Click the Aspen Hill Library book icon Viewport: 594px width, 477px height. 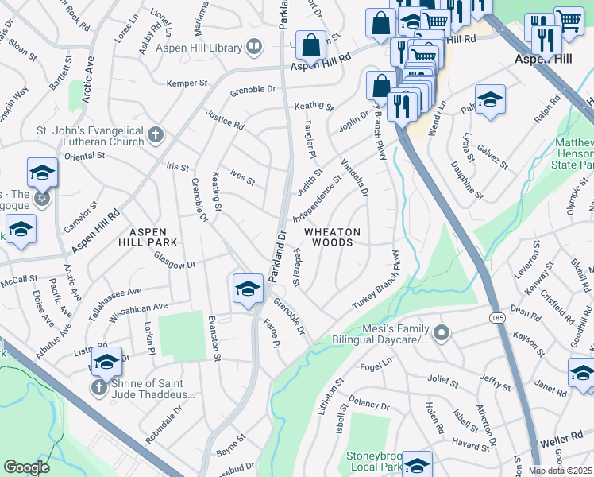(254, 48)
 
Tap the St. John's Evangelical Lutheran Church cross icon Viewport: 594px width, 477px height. (156, 134)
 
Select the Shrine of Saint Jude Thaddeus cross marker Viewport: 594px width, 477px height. (98, 387)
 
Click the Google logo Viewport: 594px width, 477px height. (27, 467)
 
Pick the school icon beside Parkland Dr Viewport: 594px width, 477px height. (248, 289)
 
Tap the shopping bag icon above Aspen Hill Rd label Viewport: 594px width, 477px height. (310, 44)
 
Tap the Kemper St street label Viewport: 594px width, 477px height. (187, 83)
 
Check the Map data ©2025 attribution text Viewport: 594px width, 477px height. (560, 471)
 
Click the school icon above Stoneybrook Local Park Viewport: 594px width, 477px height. (417, 464)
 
